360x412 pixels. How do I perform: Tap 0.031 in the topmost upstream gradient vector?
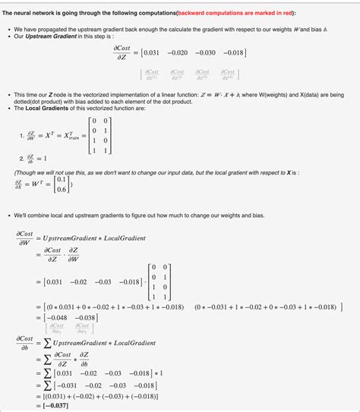(155, 52)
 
